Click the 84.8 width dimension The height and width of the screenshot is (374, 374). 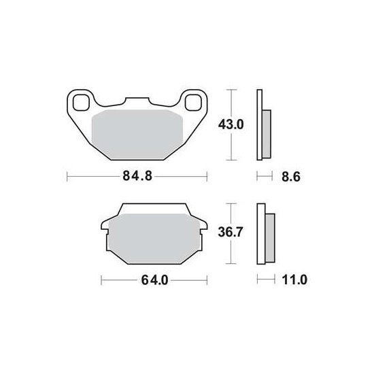pyautogui.click(x=137, y=176)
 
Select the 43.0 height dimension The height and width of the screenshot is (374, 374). pyautogui.click(x=231, y=124)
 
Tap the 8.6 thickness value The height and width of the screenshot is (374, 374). pyautogui.click(x=291, y=177)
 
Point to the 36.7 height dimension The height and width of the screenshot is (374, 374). pyautogui.click(x=231, y=232)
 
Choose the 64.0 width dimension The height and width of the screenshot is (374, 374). pyautogui.click(x=154, y=279)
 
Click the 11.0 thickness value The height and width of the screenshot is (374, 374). pyautogui.click(x=294, y=279)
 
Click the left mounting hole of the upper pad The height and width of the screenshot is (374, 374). pyautogui.click(x=81, y=103)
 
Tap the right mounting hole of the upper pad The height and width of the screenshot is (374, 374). pyautogui.click(x=193, y=103)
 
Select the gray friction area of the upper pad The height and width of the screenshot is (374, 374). pyautogui.click(x=137, y=135)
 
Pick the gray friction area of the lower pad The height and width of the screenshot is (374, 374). pyautogui.click(x=154, y=239)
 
